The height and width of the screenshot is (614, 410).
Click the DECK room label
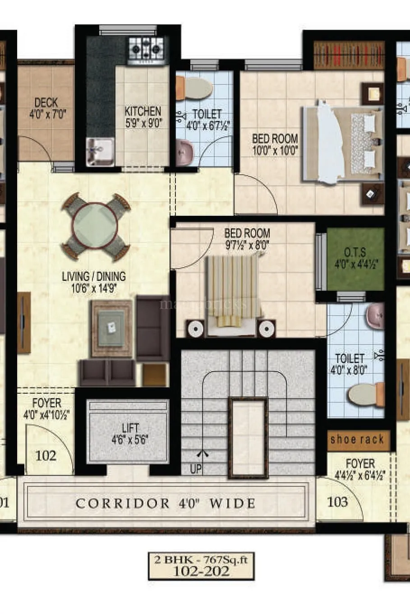(x=46, y=103)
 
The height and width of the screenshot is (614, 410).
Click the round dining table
(x=96, y=227)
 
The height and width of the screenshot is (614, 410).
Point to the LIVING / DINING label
(x=94, y=276)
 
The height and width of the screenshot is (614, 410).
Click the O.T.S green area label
(x=355, y=252)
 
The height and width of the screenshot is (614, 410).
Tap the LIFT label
(x=130, y=427)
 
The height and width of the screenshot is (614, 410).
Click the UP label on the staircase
(x=196, y=469)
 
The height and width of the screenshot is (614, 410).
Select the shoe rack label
(x=357, y=439)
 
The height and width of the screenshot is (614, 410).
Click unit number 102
(x=46, y=455)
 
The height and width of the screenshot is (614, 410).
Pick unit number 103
(x=337, y=501)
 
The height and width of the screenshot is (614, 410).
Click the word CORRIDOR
(x=122, y=503)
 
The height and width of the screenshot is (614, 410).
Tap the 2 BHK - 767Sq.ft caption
(x=201, y=560)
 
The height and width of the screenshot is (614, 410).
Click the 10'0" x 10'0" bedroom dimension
(x=275, y=150)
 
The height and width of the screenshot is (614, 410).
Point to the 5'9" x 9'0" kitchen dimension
(x=143, y=122)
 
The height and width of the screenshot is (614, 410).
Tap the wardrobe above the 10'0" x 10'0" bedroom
(x=348, y=55)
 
